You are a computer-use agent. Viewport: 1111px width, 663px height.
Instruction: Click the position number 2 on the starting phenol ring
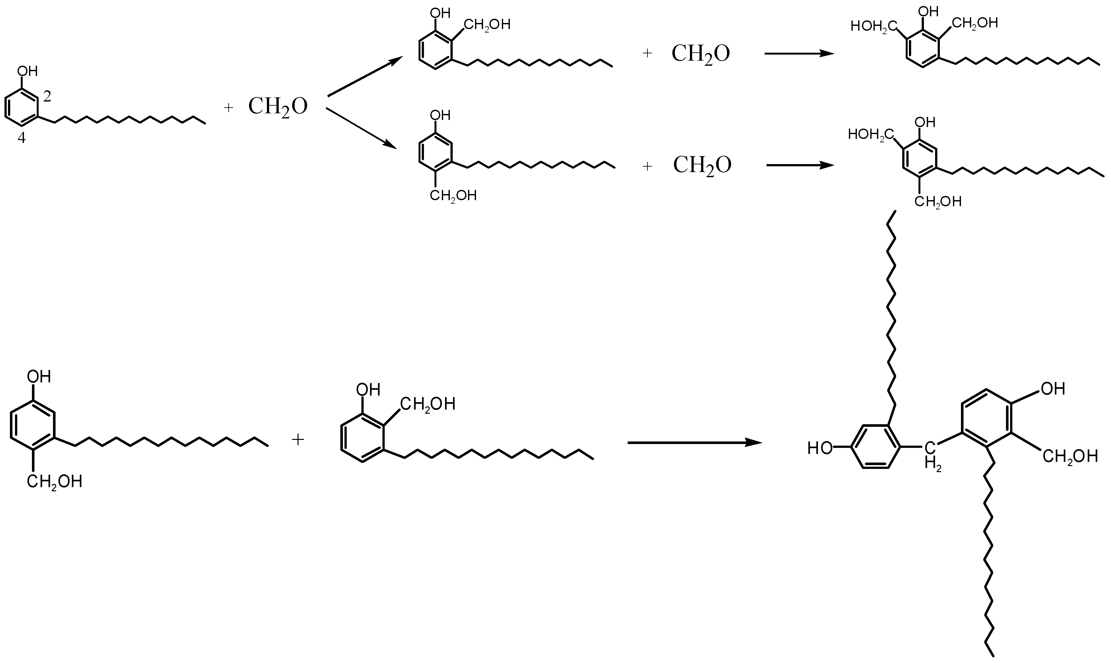coord(47,96)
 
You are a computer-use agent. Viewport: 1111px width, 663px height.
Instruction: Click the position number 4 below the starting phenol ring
coord(21,138)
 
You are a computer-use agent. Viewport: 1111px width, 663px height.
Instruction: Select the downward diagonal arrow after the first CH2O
coord(361,128)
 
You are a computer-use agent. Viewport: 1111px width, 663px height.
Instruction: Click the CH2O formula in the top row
coord(700,54)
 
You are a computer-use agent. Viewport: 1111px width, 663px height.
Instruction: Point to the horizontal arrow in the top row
coord(799,54)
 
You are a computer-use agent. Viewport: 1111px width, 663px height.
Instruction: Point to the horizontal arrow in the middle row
coord(800,165)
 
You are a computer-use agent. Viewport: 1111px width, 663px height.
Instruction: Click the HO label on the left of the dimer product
coord(820,448)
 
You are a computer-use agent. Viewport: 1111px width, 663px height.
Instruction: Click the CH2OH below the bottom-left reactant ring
coord(55,482)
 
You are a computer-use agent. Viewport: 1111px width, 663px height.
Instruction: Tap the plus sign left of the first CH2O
coord(228,108)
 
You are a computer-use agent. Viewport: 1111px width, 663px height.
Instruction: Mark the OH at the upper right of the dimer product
coord(1053,389)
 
